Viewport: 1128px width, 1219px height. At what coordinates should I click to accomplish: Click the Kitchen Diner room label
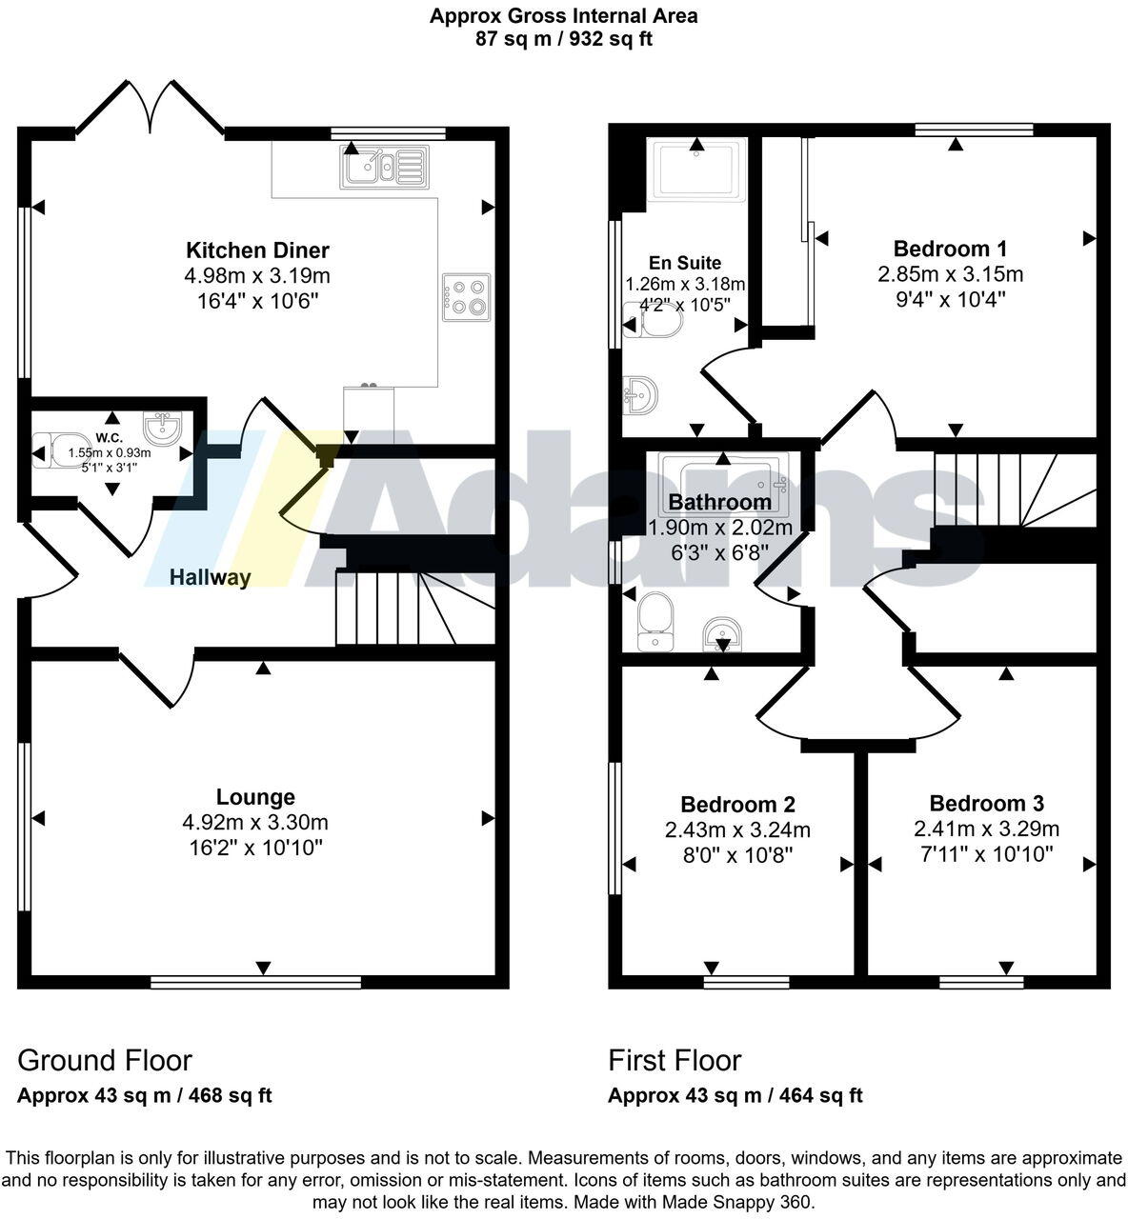(x=257, y=250)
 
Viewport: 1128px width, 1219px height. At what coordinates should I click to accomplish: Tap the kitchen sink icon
(x=381, y=169)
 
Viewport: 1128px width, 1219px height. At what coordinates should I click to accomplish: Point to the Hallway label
(x=211, y=577)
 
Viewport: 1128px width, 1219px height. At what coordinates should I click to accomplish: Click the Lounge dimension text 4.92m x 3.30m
(x=255, y=823)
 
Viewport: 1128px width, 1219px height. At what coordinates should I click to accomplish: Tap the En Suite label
(x=685, y=263)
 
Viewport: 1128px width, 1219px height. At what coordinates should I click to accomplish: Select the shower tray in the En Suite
(x=696, y=170)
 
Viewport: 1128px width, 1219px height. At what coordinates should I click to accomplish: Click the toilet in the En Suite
(x=655, y=324)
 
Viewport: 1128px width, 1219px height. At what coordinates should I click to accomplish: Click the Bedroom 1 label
(x=950, y=250)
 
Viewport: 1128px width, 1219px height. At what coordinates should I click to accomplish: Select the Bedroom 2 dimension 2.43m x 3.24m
(x=737, y=830)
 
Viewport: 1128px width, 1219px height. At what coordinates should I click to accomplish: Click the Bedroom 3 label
(x=986, y=804)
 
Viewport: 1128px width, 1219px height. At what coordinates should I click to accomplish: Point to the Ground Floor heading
(x=105, y=1060)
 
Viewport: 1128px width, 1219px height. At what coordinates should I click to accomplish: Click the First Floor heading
(x=675, y=1060)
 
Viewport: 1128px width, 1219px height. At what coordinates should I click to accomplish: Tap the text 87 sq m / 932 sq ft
(x=563, y=39)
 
